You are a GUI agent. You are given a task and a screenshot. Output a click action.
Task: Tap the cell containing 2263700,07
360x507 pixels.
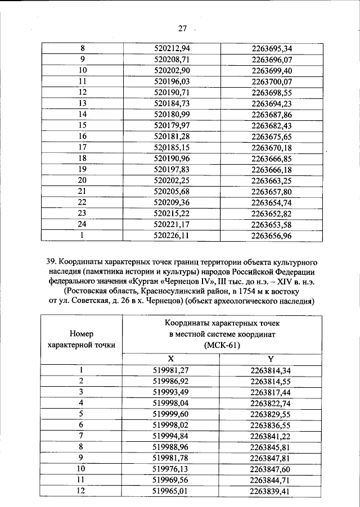271,82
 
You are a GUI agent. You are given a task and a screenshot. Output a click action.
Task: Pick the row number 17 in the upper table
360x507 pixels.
82,148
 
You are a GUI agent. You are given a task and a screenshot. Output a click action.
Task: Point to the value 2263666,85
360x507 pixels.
271,159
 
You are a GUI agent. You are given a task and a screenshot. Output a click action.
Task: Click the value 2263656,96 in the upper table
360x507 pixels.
271,236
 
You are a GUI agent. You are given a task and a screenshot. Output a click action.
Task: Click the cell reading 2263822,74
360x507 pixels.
271,402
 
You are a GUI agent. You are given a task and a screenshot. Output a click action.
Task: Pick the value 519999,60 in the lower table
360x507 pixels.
171,413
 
